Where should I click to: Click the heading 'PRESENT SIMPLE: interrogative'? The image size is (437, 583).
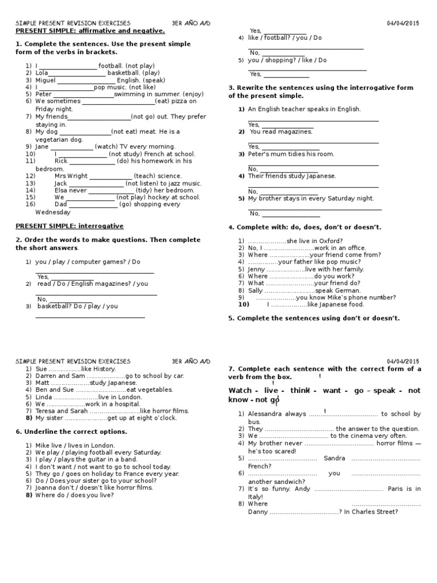69,226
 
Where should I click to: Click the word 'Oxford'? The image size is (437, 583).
331,241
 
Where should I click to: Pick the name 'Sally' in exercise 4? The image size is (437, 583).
255,290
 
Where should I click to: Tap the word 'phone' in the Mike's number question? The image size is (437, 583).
353,297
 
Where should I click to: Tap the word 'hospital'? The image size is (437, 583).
121,404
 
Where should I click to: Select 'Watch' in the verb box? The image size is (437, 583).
240,390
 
